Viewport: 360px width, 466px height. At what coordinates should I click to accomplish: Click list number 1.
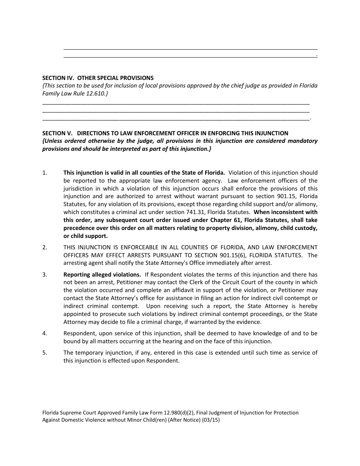coord(45,173)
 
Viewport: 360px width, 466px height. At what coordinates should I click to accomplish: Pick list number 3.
coord(45,275)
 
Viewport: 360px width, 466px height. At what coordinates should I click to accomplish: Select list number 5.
coord(45,353)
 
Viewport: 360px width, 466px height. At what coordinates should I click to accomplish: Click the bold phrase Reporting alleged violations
coord(102,275)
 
